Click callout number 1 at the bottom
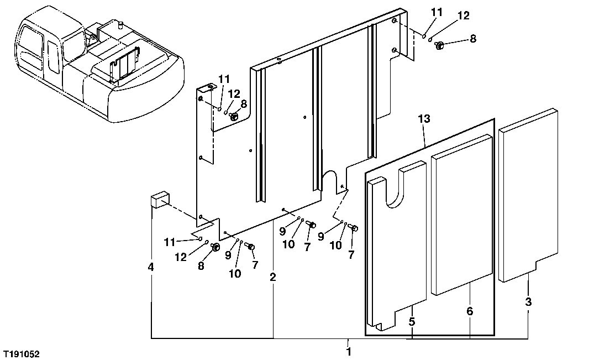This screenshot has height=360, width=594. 348,351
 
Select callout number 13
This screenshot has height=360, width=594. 424,119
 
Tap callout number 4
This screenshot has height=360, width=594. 151,267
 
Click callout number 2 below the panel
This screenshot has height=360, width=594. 272,277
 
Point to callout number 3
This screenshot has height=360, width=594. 528,302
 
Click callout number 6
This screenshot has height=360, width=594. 470,311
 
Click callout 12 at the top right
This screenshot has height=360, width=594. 463,16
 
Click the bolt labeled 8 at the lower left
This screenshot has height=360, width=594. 215,247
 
